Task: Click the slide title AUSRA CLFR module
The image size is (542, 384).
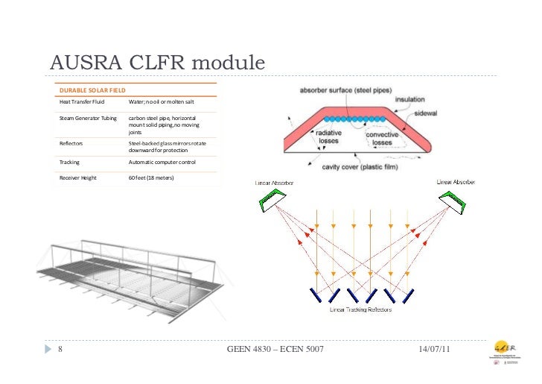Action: pos(157,64)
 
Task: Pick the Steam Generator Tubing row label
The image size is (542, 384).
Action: pos(88,118)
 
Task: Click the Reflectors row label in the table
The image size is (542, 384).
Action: pos(72,143)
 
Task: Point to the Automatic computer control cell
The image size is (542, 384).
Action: pos(162,161)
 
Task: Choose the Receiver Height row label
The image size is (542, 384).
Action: pos(78,178)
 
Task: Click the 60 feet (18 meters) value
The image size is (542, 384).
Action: pos(151,178)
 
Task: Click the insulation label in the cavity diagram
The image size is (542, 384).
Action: pos(410,99)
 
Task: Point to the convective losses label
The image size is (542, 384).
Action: pos(381,138)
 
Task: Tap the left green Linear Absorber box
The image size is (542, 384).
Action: pos(272,198)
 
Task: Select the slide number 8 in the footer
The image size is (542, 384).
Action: pos(60,349)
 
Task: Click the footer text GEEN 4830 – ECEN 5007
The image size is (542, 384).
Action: pos(275,349)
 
